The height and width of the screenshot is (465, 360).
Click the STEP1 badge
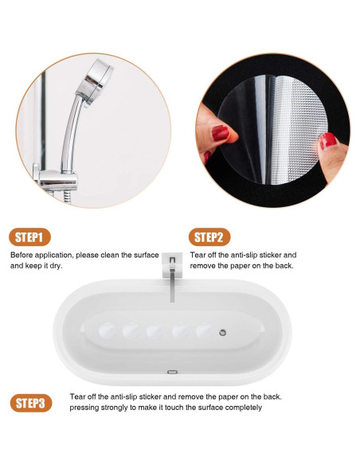tap(29, 237)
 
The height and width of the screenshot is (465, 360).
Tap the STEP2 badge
tap(209, 237)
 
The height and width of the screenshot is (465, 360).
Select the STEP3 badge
tap(31, 403)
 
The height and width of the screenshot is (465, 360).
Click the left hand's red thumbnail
tap(220, 132)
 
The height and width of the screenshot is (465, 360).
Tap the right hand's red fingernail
tap(328, 141)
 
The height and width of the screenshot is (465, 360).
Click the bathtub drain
tap(223, 333)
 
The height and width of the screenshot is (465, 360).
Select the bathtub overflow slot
tap(172, 372)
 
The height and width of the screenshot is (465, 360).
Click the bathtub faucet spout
tap(172, 285)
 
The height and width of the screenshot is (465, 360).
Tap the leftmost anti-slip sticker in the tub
tap(107, 330)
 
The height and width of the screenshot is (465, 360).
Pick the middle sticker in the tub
tap(155, 331)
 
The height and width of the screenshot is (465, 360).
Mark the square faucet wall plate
tap(172, 265)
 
